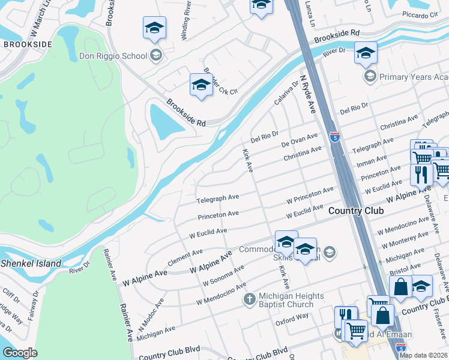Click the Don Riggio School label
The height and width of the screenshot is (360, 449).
click(x=113, y=56)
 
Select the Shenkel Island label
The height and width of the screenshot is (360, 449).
click(x=31, y=263)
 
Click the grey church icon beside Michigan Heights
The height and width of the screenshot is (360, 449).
click(x=250, y=298)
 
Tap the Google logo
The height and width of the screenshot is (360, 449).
click(x=20, y=353)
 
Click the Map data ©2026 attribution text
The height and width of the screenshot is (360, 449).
click(x=423, y=355)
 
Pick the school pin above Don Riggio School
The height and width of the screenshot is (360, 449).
click(x=154, y=29)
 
